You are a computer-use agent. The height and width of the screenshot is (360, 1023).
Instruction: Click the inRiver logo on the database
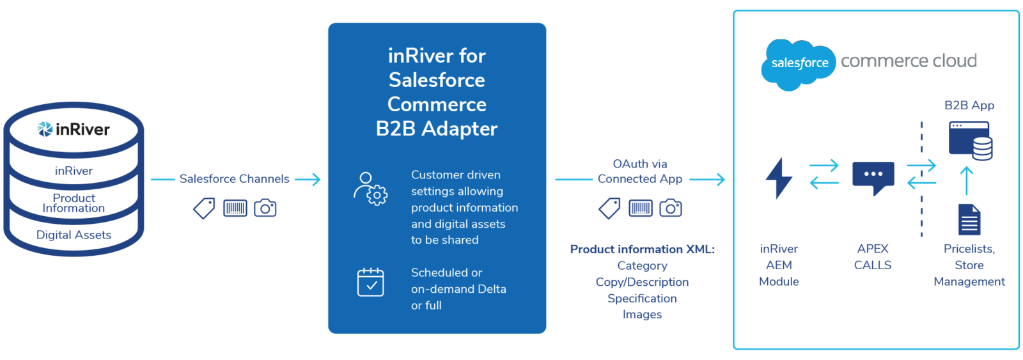74,129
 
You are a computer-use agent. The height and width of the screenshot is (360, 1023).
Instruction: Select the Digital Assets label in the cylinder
74,235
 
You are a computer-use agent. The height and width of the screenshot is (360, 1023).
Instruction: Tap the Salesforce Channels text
234,179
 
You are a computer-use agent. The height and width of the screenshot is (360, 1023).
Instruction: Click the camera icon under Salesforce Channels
265,208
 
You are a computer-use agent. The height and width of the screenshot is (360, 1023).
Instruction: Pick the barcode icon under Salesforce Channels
235,208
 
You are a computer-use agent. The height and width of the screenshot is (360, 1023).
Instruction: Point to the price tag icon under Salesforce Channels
204,208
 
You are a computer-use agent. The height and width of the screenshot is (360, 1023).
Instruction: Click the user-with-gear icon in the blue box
370,189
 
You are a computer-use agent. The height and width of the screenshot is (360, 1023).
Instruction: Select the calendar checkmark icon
370,282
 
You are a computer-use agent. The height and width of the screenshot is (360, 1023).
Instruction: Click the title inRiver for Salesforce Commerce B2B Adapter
437,92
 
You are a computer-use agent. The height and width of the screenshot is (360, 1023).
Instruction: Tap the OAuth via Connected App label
640,171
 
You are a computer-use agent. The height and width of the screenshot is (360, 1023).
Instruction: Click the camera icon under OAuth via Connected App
670,208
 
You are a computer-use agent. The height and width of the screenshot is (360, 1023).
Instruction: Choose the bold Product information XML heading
642,249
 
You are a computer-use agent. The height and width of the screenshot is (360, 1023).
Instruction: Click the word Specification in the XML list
642,299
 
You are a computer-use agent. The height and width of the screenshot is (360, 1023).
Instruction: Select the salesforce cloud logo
798,63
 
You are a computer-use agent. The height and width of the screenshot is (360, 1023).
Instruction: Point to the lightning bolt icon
779,178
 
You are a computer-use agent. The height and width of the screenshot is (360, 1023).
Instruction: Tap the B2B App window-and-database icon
971,141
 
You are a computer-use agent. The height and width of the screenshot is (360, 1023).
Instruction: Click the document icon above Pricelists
969,219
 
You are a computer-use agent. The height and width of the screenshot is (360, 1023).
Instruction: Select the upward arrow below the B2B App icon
967,180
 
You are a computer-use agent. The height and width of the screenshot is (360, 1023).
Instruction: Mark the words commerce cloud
909,61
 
